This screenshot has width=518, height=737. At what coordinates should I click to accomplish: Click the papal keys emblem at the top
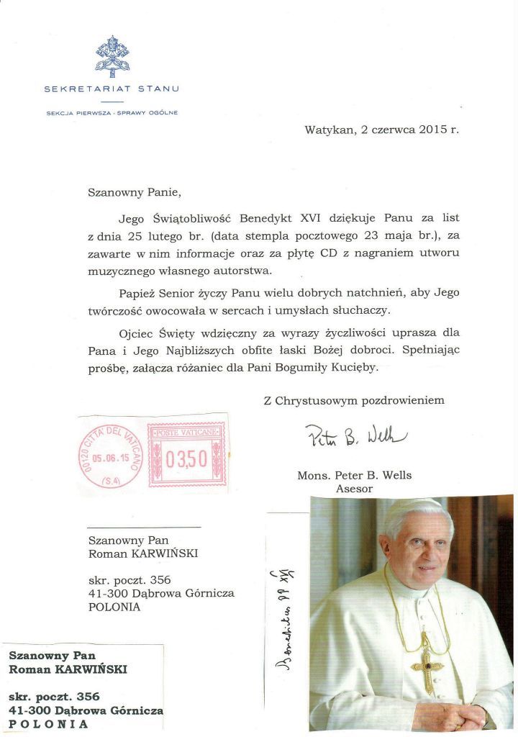point(112,57)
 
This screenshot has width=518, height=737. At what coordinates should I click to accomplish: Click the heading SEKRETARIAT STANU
point(112,89)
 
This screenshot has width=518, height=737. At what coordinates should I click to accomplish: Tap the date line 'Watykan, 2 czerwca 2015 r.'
point(381,130)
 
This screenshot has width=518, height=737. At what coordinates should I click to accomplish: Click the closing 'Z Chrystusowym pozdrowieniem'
point(353,400)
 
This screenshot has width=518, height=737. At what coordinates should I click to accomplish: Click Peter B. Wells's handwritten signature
point(355,436)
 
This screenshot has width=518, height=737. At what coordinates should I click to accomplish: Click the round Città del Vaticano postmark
point(110,456)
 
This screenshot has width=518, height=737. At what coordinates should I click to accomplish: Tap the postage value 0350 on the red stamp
point(186,458)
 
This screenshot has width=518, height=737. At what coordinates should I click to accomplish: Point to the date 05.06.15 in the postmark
point(110,456)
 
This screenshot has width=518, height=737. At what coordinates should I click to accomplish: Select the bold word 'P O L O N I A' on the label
point(49,724)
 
